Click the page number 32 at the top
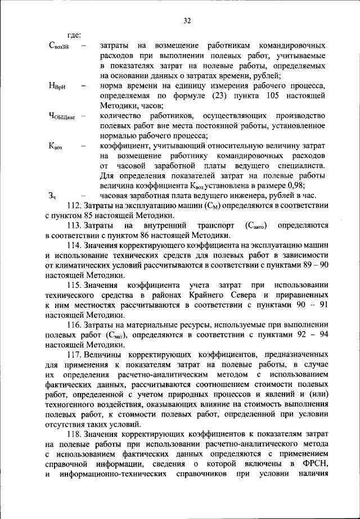point(187,21)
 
